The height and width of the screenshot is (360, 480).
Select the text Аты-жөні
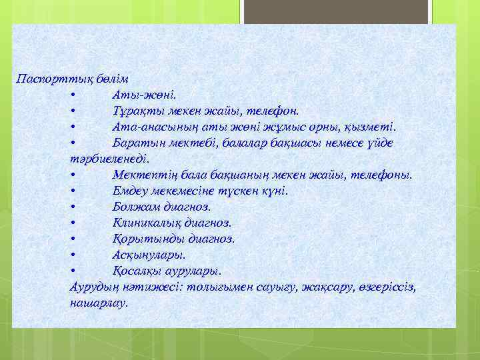coord(145,94)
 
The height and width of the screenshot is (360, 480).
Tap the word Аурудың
coord(95,287)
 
